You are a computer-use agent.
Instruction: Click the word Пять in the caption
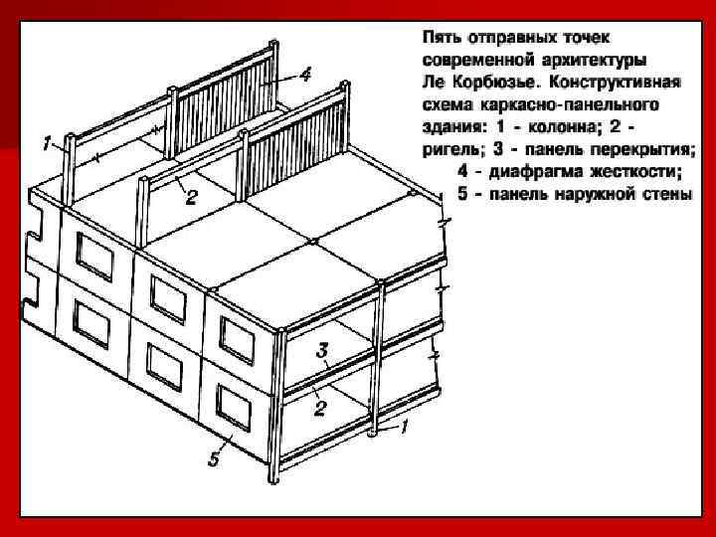point(442,37)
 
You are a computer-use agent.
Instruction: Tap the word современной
point(472,59)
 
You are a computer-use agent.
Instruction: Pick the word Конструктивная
point(622,81)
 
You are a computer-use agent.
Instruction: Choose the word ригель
point(447,148)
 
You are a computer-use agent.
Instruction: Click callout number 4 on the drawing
point(305,74)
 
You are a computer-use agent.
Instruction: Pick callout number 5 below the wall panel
point(213,459)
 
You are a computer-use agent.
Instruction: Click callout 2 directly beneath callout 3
point(320,407)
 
